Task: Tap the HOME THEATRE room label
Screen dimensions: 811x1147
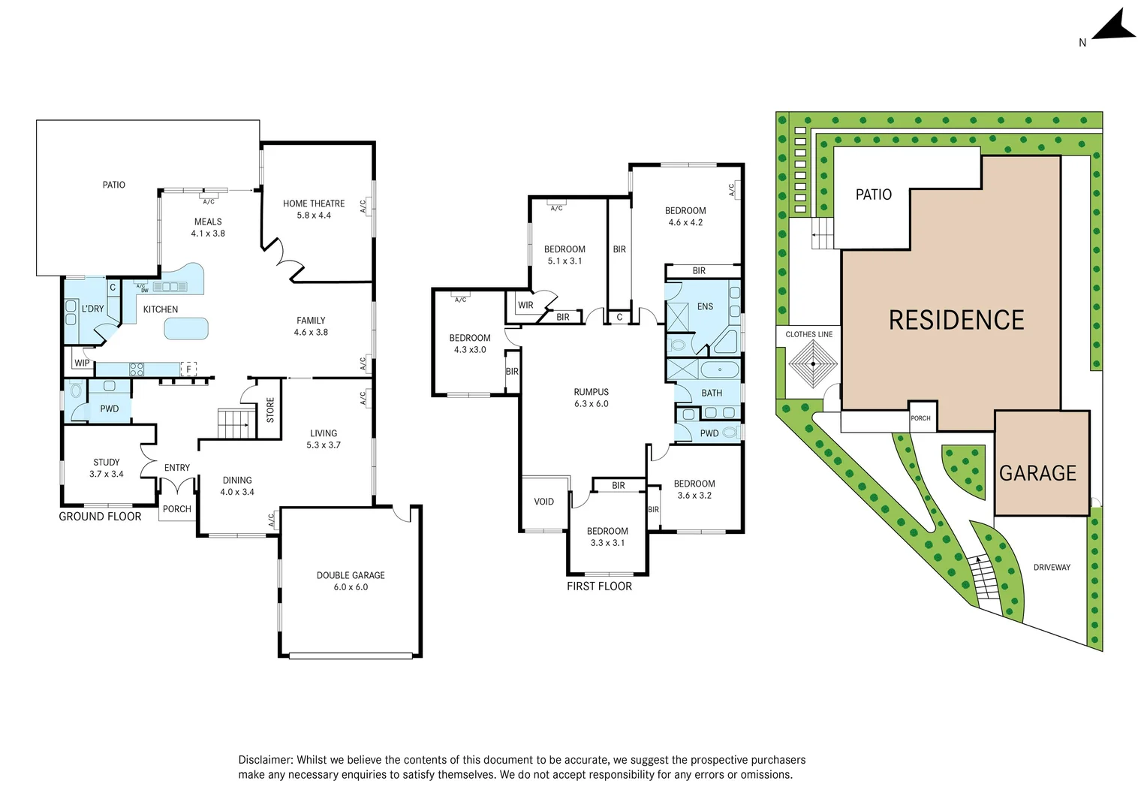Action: [x=314, y=209]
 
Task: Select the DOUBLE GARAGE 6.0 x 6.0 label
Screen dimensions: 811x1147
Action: [x=351, y=581]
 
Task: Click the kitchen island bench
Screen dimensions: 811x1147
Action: [x=185, y=328]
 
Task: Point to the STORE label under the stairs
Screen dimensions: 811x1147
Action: [x=270, y=410]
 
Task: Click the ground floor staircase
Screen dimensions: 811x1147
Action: [x=234, y=424]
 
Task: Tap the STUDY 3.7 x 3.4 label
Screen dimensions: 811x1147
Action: [x=107, y=468]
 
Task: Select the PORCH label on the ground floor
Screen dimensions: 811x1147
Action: [x=177, y=509]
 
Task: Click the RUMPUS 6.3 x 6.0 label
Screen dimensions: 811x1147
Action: [x=591, y=397]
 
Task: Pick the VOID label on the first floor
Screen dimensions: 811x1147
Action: [x=543, y=502]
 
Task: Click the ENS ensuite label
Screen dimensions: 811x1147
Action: [x=705, y=306]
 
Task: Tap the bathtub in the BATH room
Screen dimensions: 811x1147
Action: [x=719, y=369]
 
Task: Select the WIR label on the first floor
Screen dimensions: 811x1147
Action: [x=525, y=305]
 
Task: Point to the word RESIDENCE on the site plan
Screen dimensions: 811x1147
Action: [x=956, y=321]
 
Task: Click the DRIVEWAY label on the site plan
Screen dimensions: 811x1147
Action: [x=1051, y=567]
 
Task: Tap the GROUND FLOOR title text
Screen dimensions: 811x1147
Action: [x=100, y=517]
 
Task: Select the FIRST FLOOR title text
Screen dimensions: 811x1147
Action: [x=599, y=586]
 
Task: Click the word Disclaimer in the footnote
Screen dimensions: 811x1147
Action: [x=266, y=760]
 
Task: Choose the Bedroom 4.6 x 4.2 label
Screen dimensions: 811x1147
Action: [x=685, y=216]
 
